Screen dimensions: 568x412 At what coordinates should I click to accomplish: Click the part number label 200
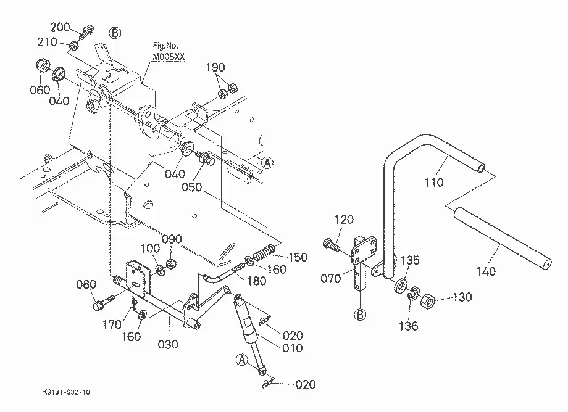(x=60, y=28)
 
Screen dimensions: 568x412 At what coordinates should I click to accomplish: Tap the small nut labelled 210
(x=73, y=46)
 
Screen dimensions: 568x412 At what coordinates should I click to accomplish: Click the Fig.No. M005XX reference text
(x=169, y=51)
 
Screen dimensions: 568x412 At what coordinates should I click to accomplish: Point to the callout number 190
(x=215, y=67)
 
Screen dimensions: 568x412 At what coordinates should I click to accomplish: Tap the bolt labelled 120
(x=331, y=245)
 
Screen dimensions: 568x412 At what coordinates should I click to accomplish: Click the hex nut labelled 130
(x=428, y=301)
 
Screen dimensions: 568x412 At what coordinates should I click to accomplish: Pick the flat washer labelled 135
(x=401, y=286)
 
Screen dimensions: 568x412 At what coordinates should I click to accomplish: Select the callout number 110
(x=434, y=182)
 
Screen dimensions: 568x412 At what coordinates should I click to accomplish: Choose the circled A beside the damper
(x=242, y=360)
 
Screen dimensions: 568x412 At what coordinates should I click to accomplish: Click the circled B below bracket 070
(x=360, y=315)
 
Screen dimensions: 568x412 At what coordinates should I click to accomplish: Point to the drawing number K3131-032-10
(x=66, y=392)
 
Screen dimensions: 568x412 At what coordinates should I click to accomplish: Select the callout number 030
(x=168, y=344)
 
